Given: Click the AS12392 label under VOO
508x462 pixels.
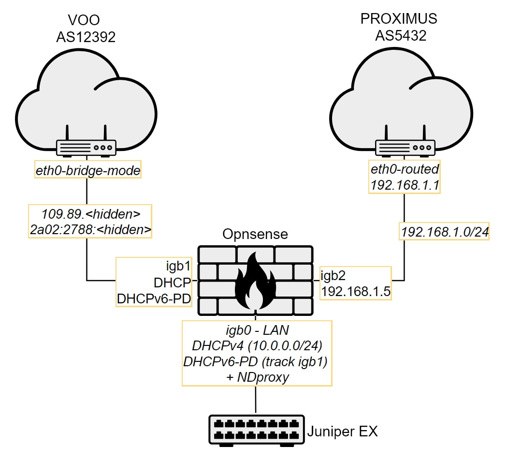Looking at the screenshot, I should pos(85,37).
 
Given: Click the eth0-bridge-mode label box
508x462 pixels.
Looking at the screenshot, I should pos(87,171).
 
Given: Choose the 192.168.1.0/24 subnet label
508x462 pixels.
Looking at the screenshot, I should pos(444,232).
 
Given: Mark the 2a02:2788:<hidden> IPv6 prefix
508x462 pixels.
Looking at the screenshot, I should pos(90,230).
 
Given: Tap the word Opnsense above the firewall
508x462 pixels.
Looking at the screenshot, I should pos(255,235).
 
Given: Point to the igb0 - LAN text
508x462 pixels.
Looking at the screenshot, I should pos(257,331).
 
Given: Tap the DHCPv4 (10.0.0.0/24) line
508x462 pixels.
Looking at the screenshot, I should pos(257,346).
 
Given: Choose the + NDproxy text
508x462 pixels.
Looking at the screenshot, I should pos(257,377).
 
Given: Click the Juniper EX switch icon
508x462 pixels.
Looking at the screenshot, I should pos(256,429).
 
